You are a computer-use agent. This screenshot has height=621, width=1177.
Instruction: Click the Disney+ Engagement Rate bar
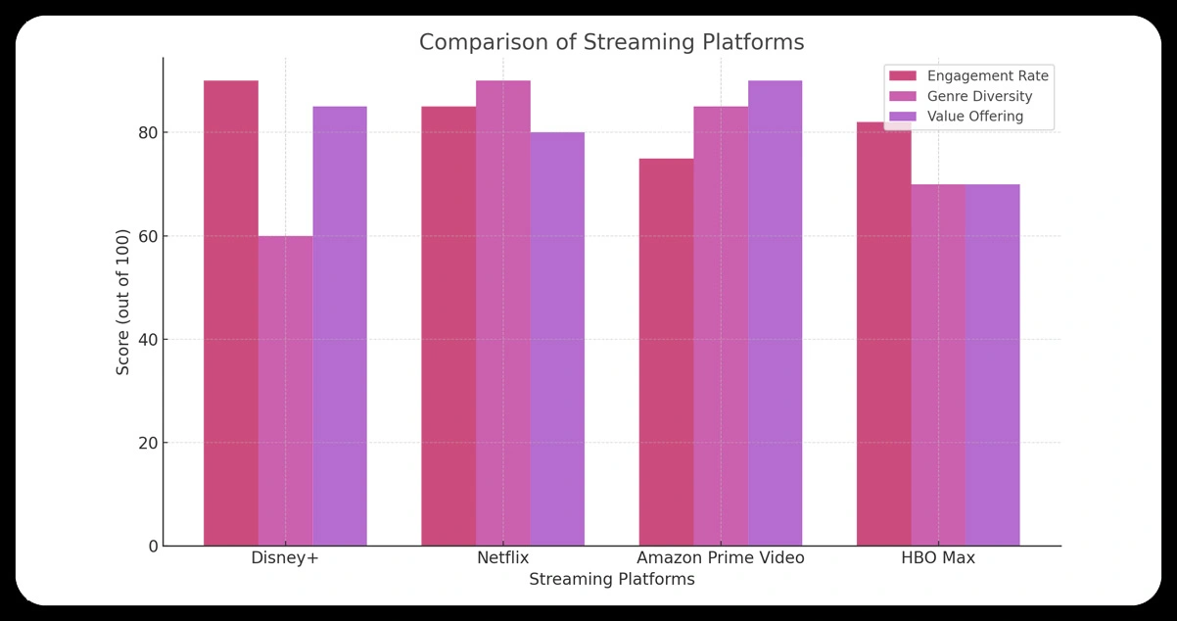(x=231, y=313)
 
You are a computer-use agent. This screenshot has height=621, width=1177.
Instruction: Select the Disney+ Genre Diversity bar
(x=286, y=391)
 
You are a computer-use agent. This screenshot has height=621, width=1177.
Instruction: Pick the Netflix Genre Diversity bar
(x=503, y=313)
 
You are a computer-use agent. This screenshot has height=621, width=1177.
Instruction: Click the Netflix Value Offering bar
(x=557, y=339)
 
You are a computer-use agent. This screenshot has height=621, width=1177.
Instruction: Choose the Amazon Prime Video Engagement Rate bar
(x=666, y=352)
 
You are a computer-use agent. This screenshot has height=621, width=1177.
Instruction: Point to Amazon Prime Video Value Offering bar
(x=775, y=313)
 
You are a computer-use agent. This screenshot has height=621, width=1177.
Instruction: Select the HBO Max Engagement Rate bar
(x=883, y=334)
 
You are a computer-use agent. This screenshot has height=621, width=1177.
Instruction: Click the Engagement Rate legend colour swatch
(x=902, y=75)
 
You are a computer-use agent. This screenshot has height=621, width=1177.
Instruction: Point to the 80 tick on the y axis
(x=147, y=132)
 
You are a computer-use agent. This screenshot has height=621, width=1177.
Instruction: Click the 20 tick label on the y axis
(x=147, y=443)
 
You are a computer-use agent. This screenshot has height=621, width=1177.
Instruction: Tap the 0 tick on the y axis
(x=153, y=547)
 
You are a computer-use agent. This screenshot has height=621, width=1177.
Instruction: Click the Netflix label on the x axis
(x=503, y=558)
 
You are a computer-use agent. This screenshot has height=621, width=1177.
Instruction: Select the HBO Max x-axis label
(x=938, y=558)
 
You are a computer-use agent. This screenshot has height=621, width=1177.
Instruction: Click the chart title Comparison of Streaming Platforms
(x=611, y=42)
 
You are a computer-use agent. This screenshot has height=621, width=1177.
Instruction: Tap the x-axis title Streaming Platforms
(x=611, y=580)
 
